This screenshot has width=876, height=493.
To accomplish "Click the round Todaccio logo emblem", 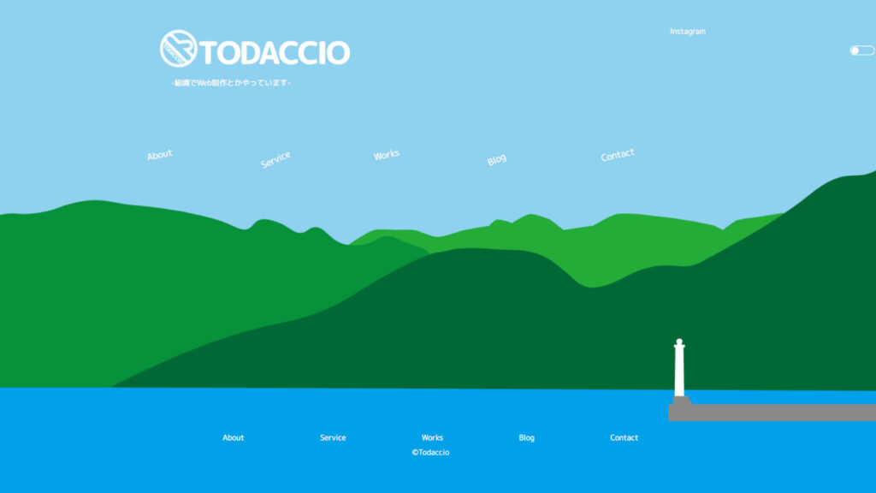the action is tap(178, 49).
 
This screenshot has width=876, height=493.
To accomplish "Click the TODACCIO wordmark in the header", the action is tap(275, 53).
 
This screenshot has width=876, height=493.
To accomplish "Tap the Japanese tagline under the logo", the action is tap(231, 83).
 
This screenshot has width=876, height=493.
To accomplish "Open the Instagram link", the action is tap(688, 32).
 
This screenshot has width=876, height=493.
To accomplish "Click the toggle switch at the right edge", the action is tap(862, 50).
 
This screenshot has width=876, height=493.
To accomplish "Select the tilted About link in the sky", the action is tap(160, 154).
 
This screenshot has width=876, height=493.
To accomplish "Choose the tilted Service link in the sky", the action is tap(275, 159).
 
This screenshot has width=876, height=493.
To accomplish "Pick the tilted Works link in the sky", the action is tap(387, 154).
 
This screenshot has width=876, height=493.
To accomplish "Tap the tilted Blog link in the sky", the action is tap(497, 160).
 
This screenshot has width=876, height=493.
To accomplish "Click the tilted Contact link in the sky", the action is tap(618, 155).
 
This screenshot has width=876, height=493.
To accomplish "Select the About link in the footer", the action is tap(233, 437).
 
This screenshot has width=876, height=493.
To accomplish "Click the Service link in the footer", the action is tap(333, 437).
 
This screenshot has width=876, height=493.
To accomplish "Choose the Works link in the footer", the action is tap(432, 437).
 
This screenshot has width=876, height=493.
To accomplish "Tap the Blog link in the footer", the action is tap(526, 437).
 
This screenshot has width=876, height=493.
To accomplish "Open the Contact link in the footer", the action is tap(624, 437).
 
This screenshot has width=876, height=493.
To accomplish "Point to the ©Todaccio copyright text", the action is tap(431, 452).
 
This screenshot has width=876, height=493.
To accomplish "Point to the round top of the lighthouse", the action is tap(679, 342).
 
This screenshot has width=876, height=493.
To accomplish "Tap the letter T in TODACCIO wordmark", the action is tap(208, 54).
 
